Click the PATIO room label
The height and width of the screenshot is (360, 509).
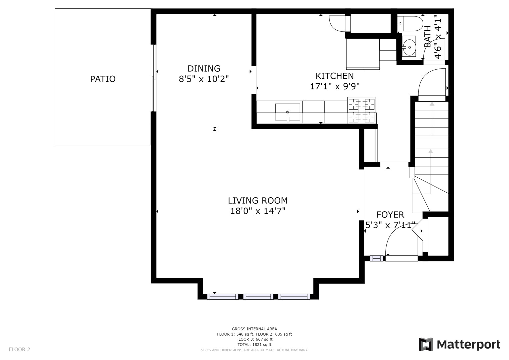(103, 79)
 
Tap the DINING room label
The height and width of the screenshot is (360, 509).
(204, 68)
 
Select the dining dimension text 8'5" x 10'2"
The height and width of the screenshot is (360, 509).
(204, 79)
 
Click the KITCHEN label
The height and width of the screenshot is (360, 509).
(335, 76)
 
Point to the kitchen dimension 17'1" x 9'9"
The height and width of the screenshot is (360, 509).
(335, 86)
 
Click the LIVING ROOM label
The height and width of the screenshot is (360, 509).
(258, 200)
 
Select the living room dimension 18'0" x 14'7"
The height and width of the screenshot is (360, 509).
(258, 211)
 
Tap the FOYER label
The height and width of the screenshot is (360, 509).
(390, 215)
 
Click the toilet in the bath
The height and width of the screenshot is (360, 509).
(410, 24)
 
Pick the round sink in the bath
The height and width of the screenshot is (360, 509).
(409, 47)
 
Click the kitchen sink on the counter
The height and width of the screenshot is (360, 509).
(288, 112)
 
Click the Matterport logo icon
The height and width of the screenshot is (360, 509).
(426, 344)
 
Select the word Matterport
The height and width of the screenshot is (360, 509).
(469, 345)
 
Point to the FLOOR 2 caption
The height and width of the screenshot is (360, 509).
(19, 349)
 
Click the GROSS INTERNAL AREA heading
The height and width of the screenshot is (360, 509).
(254, 329)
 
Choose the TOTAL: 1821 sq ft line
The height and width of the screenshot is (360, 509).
(254, 345)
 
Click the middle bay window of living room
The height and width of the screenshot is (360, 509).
(258, 297)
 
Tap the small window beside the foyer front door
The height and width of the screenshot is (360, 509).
(377, 258)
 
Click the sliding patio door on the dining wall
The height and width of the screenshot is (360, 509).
(154, 78)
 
